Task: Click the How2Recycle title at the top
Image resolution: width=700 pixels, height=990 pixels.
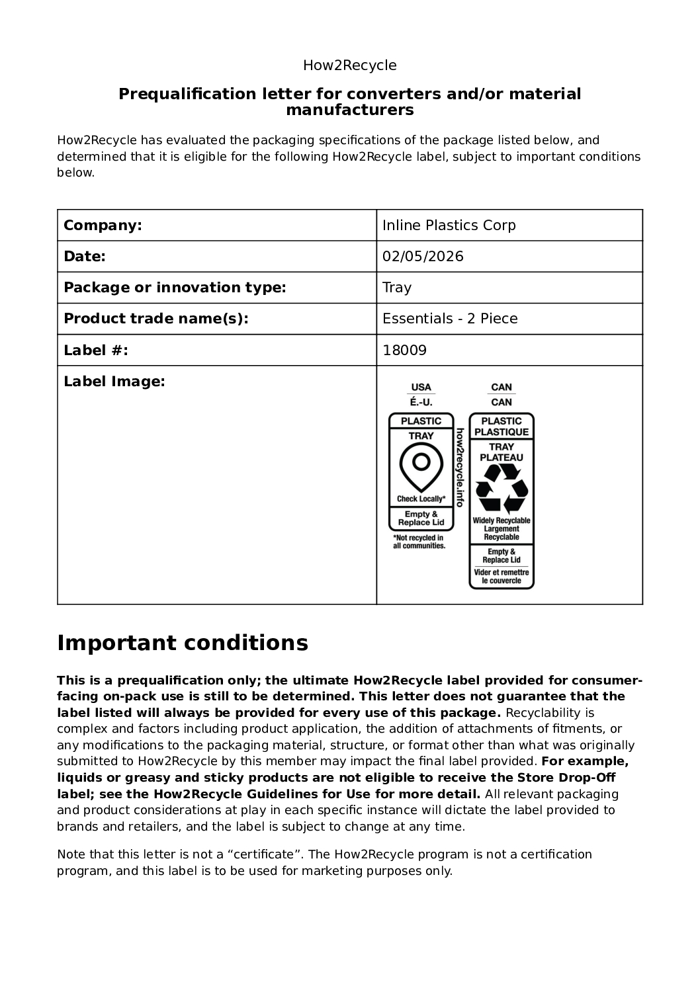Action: click(349, 65)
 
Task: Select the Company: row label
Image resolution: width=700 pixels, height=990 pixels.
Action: click(103, 226)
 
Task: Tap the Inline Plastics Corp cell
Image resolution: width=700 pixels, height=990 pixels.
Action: click(449, 226)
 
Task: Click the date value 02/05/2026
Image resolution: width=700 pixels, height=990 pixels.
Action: click(423, 257)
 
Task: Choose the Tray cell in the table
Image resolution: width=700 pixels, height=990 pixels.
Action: click(397, 288)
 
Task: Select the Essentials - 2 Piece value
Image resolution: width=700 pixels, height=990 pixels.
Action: click(450, 319)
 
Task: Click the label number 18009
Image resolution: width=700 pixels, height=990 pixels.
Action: click(404, 351)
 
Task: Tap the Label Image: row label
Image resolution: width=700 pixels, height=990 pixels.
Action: click(114, 382)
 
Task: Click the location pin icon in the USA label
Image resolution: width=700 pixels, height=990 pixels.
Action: click(421, 466)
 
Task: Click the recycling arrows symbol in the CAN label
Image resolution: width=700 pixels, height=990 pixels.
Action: click(502, 489)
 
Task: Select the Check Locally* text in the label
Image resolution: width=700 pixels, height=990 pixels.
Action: click(421, 499)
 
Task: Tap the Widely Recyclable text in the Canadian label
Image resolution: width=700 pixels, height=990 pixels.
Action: click(502, 520)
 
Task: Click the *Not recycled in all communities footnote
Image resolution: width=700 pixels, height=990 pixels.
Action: click(419, 542)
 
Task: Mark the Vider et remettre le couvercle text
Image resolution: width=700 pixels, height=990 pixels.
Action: click(502, 577)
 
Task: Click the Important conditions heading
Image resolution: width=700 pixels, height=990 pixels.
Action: click(183, 643)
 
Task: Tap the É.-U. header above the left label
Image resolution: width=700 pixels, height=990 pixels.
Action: click(421, 402)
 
